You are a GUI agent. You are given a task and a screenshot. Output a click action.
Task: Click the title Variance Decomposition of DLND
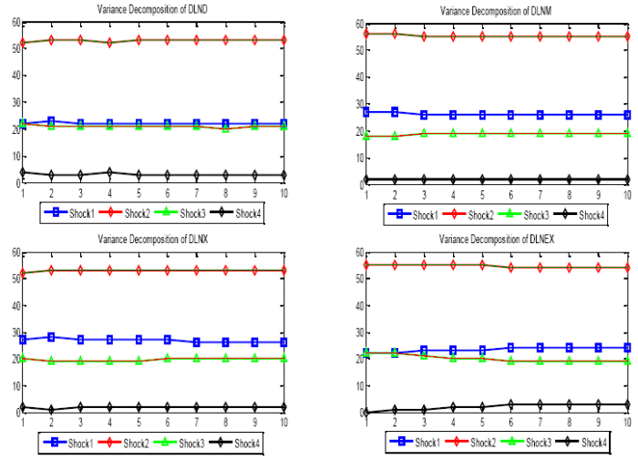click(149, 9)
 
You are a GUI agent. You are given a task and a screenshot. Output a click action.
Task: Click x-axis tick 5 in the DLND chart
click(139, 191)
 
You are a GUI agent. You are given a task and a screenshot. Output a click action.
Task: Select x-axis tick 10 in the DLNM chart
click(627, 193)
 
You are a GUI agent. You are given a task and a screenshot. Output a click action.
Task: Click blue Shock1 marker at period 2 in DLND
click(51, 120)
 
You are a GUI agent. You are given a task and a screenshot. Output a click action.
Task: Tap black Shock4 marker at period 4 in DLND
click(109, 171)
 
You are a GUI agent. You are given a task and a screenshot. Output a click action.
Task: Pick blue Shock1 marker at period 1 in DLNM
click(366, 112)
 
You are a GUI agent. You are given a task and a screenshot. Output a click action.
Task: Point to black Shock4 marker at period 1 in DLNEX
click(366, 412)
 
